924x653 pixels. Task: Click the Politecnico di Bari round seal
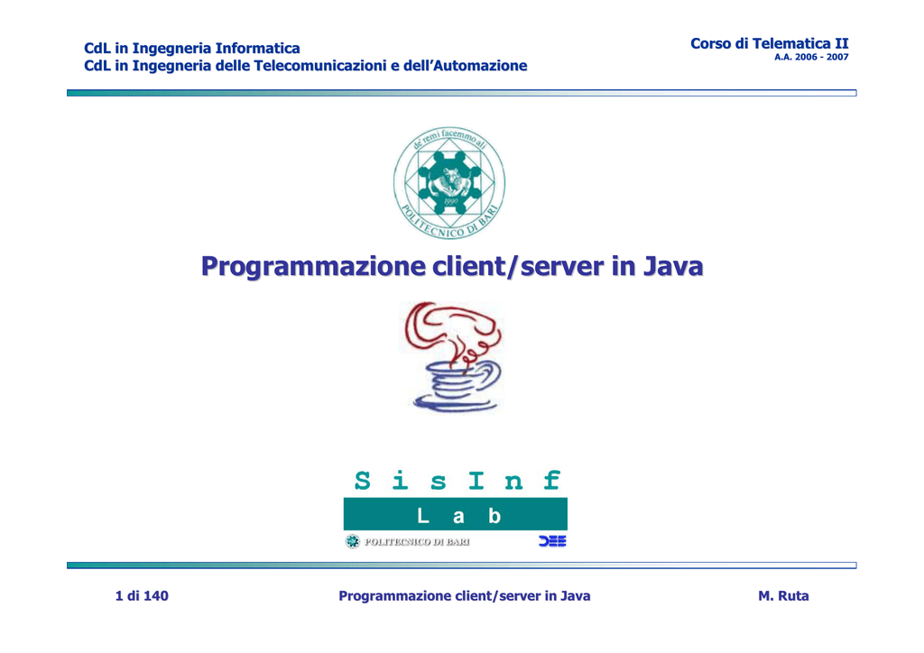click(x=449, y=182)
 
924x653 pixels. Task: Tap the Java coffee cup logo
click(x=454, y=357)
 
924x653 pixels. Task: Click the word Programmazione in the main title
click(x=313, y=267)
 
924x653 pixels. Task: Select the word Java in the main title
click(x=672, y=266)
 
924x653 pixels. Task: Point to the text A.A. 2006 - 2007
click(x=811, y=57)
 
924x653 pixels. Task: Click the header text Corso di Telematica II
click(x=770, y=43)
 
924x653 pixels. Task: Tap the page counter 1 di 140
click(x=142, y=596)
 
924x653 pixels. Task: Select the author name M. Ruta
click(x=783, y=596)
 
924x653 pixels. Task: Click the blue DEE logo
click(x=552, y=541)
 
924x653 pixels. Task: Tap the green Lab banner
click(x=456, y=514)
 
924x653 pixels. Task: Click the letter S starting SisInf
click(x=363, y=481)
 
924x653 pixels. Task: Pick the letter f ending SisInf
click(x=551, y=480)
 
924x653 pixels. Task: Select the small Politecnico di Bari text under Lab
click(x=417, y=542)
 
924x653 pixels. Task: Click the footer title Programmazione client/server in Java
click(x=465, y=596)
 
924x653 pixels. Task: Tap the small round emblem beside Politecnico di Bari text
click(x=353, y=542)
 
